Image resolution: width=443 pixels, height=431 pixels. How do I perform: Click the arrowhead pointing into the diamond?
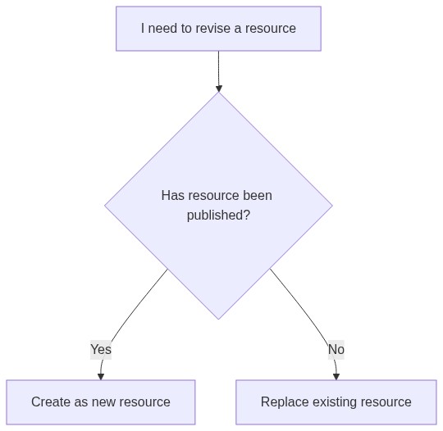(219, 88)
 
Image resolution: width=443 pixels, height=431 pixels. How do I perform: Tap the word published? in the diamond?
(218, 215)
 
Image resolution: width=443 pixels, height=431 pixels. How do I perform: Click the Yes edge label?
(101, 349)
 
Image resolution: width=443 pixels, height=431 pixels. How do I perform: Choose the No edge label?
(336, 349)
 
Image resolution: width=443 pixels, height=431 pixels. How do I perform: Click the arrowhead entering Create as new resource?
(101, 377)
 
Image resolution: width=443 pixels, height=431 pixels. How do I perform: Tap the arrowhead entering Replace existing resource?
(336, 377)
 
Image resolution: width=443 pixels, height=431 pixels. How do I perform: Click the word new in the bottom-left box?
(104, 402)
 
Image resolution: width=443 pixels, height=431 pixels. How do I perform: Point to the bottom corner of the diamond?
(218, 320)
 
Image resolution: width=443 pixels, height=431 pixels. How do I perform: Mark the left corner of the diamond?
(105, 206)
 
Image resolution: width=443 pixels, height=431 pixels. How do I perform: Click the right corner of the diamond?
(332, 206)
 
